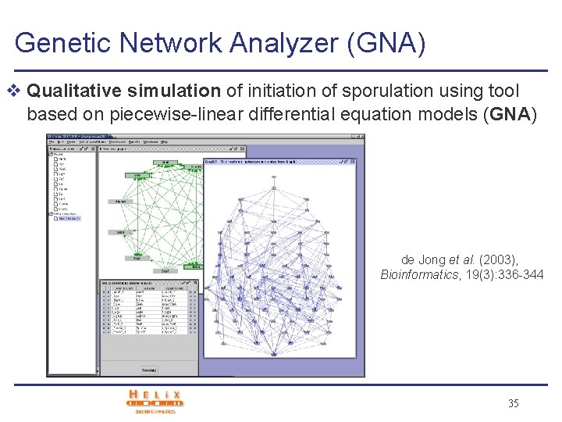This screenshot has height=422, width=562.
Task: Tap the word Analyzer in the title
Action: point(273,43)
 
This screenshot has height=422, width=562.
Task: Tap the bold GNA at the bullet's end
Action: point(508,114)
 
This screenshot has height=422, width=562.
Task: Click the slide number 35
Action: point(513,403)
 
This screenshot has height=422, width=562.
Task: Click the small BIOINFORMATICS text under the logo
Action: point(155,411)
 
